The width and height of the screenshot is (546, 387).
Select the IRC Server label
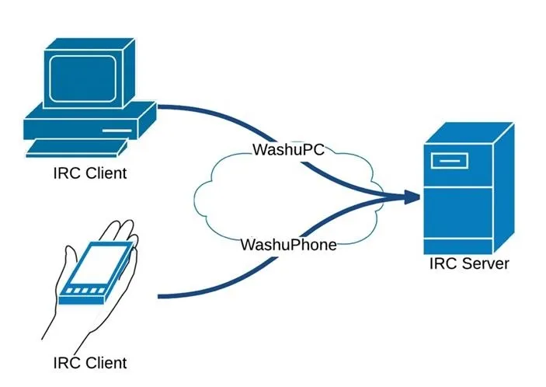point(469,263)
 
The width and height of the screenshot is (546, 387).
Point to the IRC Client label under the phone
point(89,362)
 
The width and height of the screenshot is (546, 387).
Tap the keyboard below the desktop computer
point(76,147)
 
